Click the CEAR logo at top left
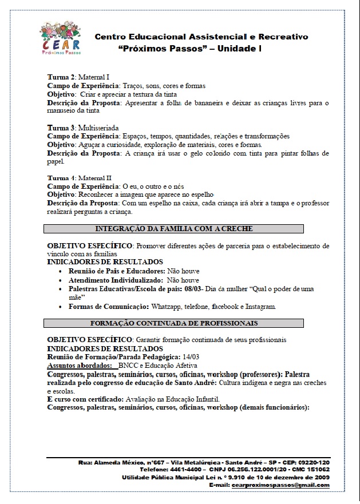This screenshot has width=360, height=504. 61,38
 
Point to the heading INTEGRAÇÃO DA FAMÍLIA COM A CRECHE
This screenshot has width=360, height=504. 174,229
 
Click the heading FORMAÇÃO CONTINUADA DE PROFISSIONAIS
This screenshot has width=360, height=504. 174,323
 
